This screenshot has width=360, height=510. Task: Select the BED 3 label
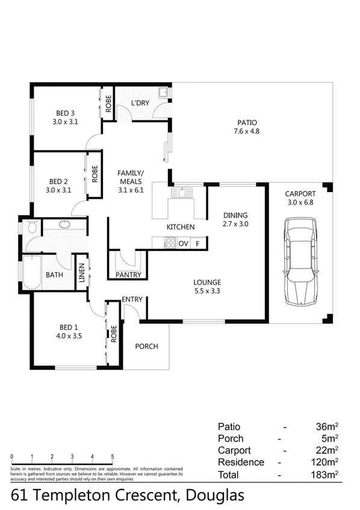[x=66, y=113]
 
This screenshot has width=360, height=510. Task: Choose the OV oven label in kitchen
[x=184, y=243]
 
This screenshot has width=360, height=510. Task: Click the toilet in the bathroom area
[x=31, y=228]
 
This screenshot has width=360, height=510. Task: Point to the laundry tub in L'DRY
[x=163, y=93]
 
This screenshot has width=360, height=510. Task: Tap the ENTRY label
[x=131, y=299]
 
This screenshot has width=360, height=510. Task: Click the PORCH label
[x=146, y=346]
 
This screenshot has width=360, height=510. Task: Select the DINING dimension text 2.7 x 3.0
[x=235, y=223]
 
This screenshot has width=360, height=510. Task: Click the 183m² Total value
[x=325, y=475]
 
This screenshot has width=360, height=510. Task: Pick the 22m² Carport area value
[x=327, y=450]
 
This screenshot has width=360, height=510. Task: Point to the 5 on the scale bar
[x=113, y=456]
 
